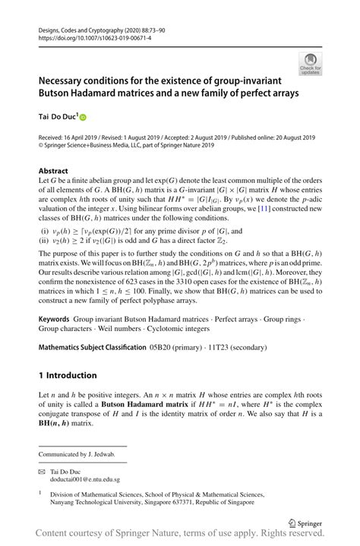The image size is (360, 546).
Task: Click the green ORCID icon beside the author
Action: click(84, 118)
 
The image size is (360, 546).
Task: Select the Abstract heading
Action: click(53, 171)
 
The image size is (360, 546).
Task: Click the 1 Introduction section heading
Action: click(68, 375)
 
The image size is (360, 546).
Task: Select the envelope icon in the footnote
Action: click(43, 472)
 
